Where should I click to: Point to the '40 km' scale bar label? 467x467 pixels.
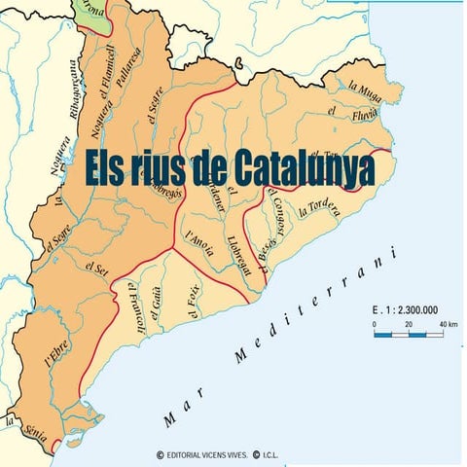tap(449, 323)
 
